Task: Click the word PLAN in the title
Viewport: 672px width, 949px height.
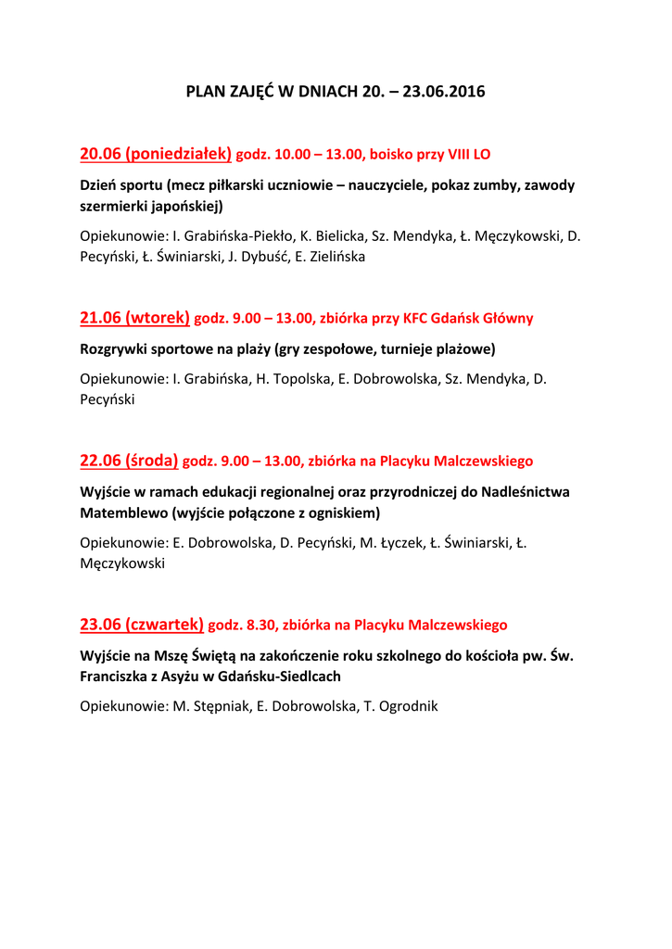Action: click(x=205, y=92)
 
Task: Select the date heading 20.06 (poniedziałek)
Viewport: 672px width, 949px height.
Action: click(x=155, y=153)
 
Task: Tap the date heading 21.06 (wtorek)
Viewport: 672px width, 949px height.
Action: click(x=134, y=318)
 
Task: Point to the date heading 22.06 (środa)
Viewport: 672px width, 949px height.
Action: click(x=129, y=461)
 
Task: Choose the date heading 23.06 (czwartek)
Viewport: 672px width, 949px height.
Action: click(x=142, y=625)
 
